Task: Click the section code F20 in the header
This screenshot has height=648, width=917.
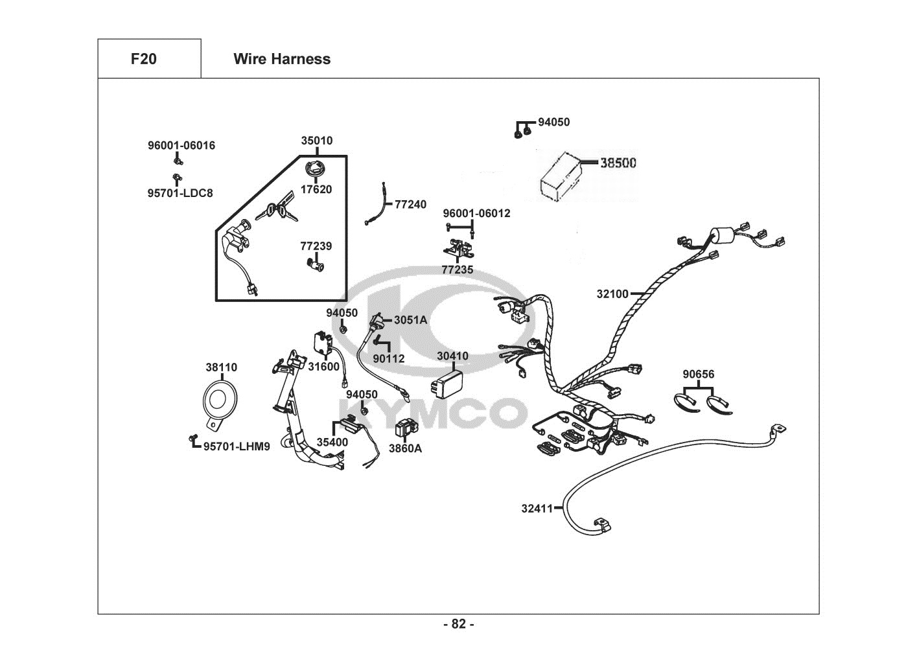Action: tap(143, 59)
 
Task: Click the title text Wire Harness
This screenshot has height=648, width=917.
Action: tap(281, 59)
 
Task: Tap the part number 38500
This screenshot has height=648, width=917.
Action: tap(618, 163)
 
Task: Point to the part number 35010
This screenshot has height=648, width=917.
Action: tap(317, 141)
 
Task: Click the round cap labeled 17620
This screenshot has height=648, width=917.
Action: tap(316, 170)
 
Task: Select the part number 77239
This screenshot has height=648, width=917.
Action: tap(316, 246)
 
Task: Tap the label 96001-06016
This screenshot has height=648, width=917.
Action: tap(181, 146)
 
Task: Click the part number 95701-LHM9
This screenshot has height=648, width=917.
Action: tap(237, 446)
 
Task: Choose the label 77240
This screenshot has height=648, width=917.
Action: tap(410, 205)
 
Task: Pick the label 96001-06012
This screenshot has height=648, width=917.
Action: tap(476, 213)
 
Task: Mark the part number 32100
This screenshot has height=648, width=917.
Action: tap(612, 294)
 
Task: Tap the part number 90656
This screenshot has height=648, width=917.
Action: tap(698, 375)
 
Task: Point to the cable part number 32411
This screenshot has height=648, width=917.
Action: tap(537, 509)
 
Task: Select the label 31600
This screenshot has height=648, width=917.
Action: tap(323, 367)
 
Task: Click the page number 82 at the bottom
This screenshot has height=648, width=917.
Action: tap(458, 624)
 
